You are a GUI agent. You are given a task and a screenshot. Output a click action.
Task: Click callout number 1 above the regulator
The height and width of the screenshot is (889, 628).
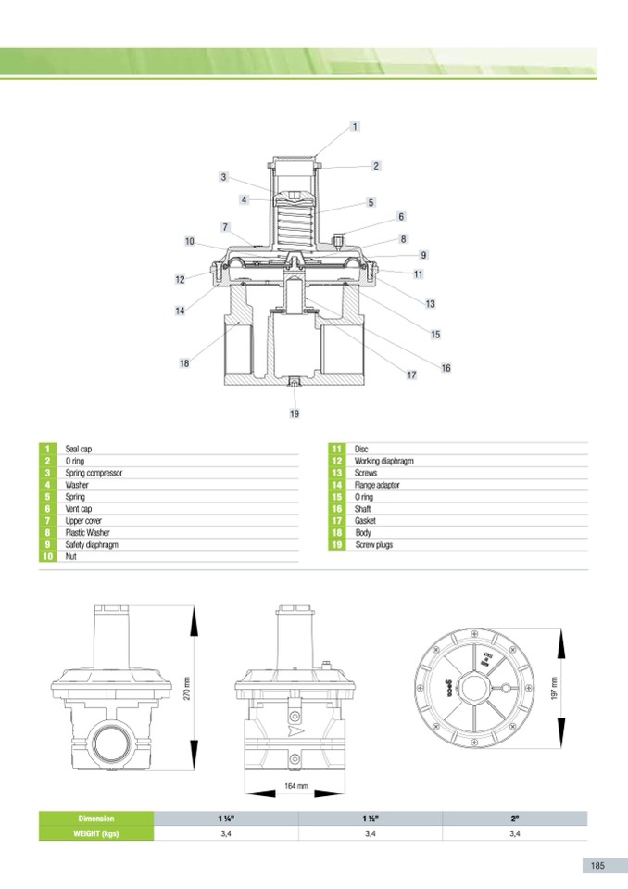(355, 126)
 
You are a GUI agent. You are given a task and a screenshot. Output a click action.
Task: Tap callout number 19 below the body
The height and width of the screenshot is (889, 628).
(295, 413)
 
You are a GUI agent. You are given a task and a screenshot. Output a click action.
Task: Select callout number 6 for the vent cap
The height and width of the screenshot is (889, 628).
(401, 217)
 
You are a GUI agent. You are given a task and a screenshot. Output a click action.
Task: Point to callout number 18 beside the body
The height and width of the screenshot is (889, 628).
(184, 363)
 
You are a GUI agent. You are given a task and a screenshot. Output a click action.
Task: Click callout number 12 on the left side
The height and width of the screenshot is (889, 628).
(180, 280)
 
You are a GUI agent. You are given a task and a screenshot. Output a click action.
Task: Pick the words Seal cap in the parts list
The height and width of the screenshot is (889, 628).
(78, 449)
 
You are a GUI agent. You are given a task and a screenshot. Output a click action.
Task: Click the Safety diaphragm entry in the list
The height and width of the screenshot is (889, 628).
(92, 545)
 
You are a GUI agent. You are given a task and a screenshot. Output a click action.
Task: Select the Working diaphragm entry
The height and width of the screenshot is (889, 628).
(384, 461)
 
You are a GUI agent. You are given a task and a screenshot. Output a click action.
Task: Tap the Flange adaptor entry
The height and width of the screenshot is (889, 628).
(377, 485)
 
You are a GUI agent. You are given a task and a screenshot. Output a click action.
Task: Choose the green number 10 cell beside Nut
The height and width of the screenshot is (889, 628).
(47, 557)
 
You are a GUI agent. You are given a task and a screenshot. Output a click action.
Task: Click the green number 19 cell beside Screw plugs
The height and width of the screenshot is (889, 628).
(337, 545)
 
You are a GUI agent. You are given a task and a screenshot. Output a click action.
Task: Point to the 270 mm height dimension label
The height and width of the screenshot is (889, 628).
(187, 688)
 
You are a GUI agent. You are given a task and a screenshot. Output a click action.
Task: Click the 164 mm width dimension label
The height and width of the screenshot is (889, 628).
(296, 786)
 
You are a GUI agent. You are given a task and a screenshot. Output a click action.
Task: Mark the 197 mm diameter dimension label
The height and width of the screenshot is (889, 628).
(555, 688)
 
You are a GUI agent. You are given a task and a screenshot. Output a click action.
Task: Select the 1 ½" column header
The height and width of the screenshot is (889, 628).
(371, 819)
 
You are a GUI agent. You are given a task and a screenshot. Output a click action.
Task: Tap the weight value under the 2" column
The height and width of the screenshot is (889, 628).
(514, 833)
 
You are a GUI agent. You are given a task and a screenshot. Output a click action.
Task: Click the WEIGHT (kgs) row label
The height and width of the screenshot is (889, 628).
(96, 833)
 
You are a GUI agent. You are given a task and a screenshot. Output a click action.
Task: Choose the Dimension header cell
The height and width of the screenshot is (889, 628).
(96, 819)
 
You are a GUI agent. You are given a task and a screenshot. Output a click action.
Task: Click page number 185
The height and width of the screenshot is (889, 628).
(597, 865)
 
